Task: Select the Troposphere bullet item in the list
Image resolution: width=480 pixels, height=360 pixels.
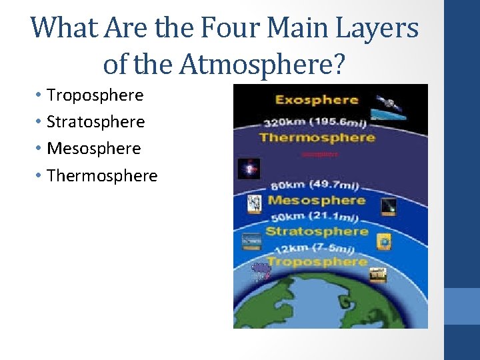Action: [x=95, y=95]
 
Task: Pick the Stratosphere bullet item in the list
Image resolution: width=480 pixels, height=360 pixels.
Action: [x=95, y=122]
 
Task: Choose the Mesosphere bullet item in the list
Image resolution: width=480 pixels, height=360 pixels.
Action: [x=93, y=149]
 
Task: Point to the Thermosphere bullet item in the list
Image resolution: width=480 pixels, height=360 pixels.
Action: [x=102, y=176]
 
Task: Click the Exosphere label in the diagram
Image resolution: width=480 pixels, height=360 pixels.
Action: [x=317, y=101]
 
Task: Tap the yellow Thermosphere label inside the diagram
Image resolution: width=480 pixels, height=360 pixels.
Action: [x=317, y=137]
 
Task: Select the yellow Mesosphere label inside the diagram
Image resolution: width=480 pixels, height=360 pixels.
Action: [x=316, y=200]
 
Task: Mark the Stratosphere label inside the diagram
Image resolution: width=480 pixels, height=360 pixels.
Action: [x=317, y=231]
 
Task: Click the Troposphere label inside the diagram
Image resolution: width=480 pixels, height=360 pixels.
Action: [x=317, y=261]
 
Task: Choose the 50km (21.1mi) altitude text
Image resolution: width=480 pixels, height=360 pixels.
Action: [x=313, y=217]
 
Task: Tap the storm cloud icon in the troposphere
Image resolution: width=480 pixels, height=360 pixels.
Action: [x=260, y=269]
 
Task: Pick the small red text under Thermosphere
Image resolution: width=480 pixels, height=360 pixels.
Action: [x=320, y=154]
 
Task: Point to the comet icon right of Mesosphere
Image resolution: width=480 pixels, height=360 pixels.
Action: [x=389, y=207]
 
